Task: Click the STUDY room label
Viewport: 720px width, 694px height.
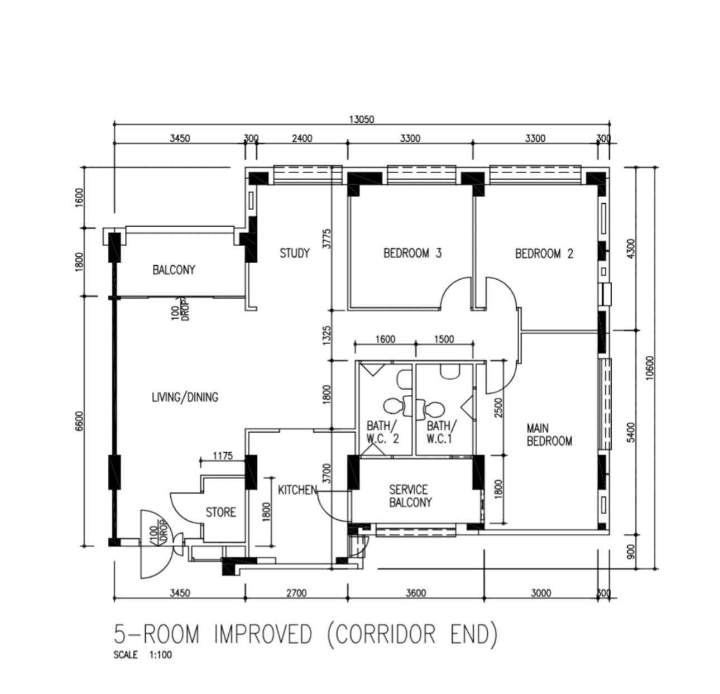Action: (295, 253)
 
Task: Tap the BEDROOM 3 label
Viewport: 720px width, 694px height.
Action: (412, 253)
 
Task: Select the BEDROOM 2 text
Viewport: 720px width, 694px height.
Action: (544, 253)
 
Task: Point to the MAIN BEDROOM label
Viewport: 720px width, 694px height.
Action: (549, 435)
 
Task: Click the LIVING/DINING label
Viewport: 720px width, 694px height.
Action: (185, 397)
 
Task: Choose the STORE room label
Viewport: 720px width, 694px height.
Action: (221, 512)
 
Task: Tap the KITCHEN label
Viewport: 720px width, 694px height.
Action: (298, 490)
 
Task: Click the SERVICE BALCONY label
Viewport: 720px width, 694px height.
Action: (410, 496)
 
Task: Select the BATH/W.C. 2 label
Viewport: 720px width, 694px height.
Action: (383, 432)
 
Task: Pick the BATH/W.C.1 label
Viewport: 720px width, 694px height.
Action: (441, 432)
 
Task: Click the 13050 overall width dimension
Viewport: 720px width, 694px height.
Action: (362, 119)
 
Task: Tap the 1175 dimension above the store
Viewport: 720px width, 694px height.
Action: (223, 456)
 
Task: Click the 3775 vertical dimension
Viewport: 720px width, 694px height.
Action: (327, 239)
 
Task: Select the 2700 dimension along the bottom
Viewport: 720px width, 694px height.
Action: (297, 594)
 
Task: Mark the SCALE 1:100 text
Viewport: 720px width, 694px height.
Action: (142, 655)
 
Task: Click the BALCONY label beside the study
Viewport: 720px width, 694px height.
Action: (174, 270)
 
